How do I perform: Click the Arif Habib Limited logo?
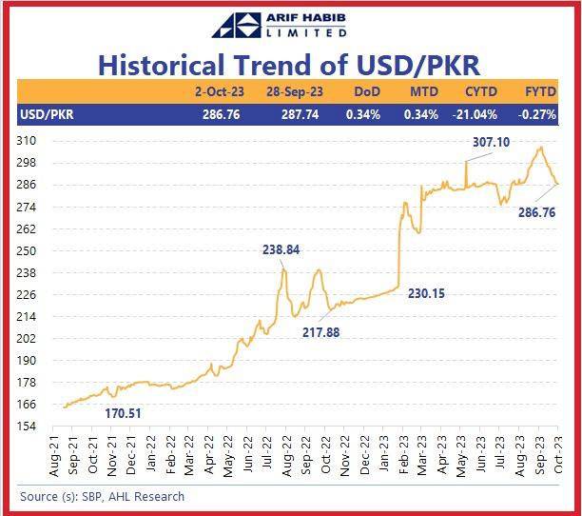tap(280, 26)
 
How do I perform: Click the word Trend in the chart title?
tap(273, 65)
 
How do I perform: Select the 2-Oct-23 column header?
tap(220, 91)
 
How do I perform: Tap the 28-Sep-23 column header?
tap(295, 91)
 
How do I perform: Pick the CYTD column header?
tap(481, 91)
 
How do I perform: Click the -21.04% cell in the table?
tap(475, 114)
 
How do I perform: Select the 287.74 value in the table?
tap(300, 114)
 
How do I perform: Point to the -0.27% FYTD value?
tap(537, 114)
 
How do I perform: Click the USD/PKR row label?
tap(48, 114)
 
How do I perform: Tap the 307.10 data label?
tap(491, 142)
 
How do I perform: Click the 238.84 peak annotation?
tap(281, 249)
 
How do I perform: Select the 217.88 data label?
tap(321, 332)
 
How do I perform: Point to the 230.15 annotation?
tap(426, 294)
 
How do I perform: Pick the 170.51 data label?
tap(124, 413)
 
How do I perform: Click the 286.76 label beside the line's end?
tap(536, 213)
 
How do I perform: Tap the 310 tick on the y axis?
tap(27, 141)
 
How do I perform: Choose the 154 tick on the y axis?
tap(27, 427)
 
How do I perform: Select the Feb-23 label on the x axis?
tap(403, 455)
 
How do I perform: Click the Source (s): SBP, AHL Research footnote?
tap(102, 497)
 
